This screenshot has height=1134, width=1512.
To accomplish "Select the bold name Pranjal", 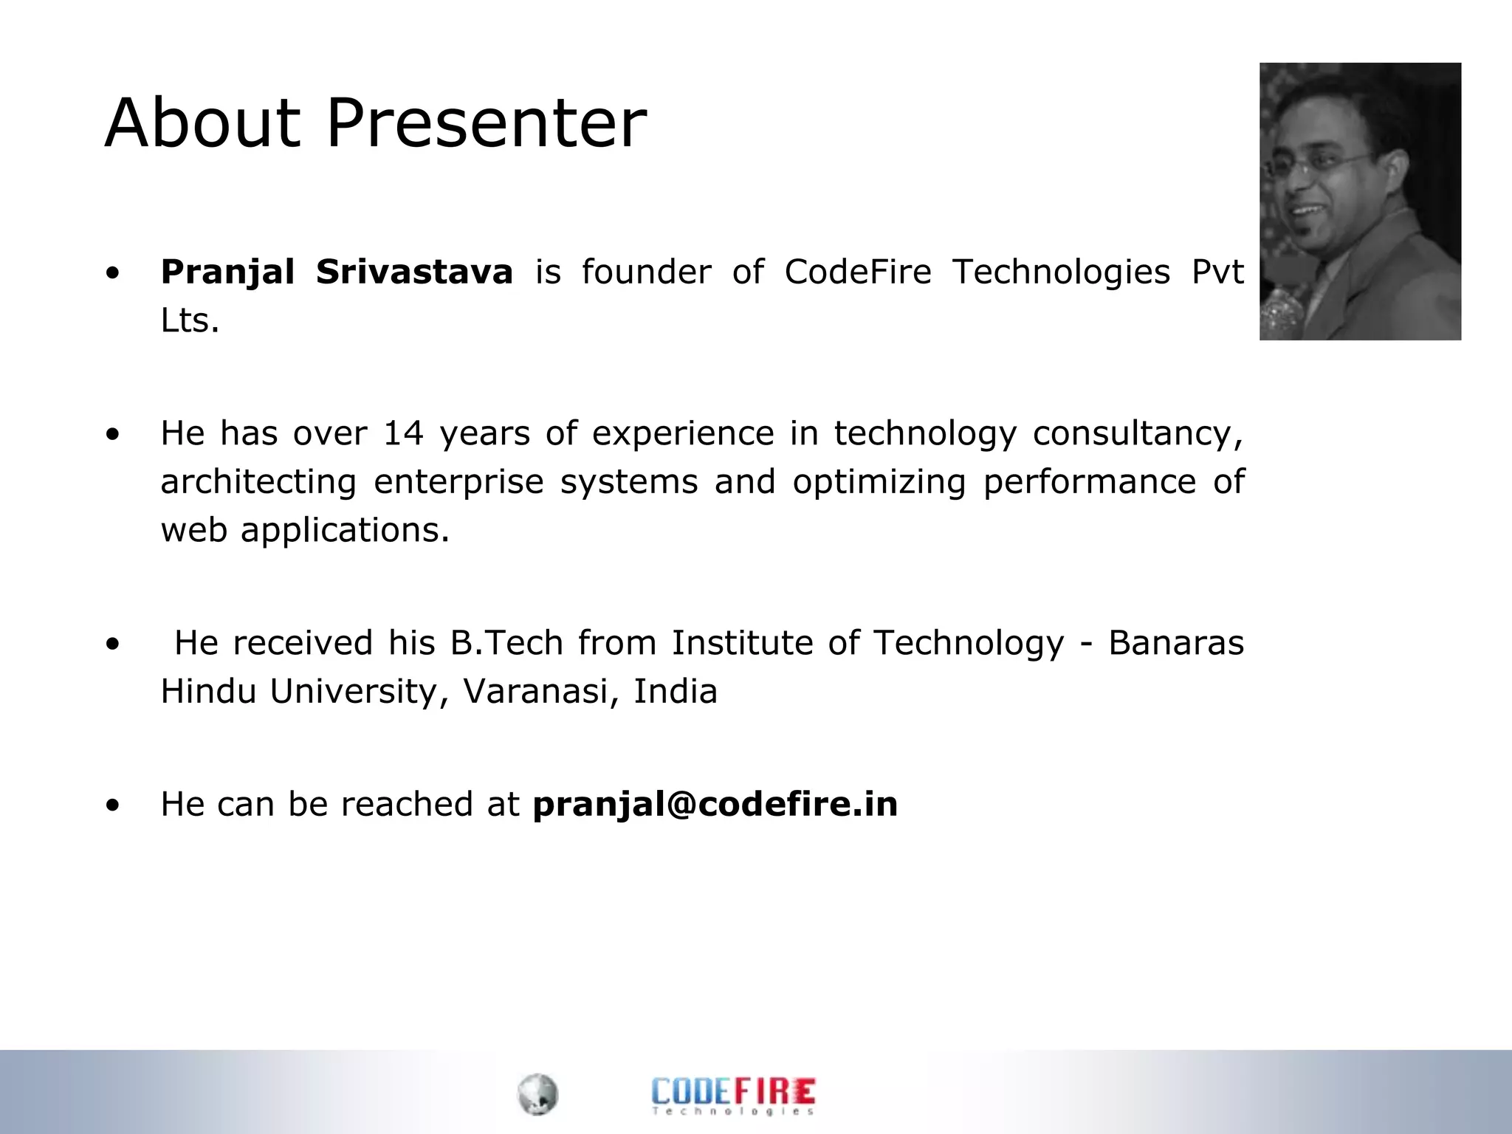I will coord(227,272).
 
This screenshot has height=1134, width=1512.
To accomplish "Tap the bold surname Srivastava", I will coord(414,272).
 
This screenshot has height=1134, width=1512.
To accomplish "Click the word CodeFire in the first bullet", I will coord(858,272).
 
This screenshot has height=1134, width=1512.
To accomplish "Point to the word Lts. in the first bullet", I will coord(190,321).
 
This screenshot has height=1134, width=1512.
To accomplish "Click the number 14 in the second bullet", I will coord(403,433).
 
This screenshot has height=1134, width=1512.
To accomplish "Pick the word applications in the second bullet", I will coord(344,531).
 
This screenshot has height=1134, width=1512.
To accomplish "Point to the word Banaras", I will coord(1176,643).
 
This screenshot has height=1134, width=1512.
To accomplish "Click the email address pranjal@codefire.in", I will coord(715,804).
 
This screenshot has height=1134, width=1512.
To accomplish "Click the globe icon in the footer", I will coord(537,1094).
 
